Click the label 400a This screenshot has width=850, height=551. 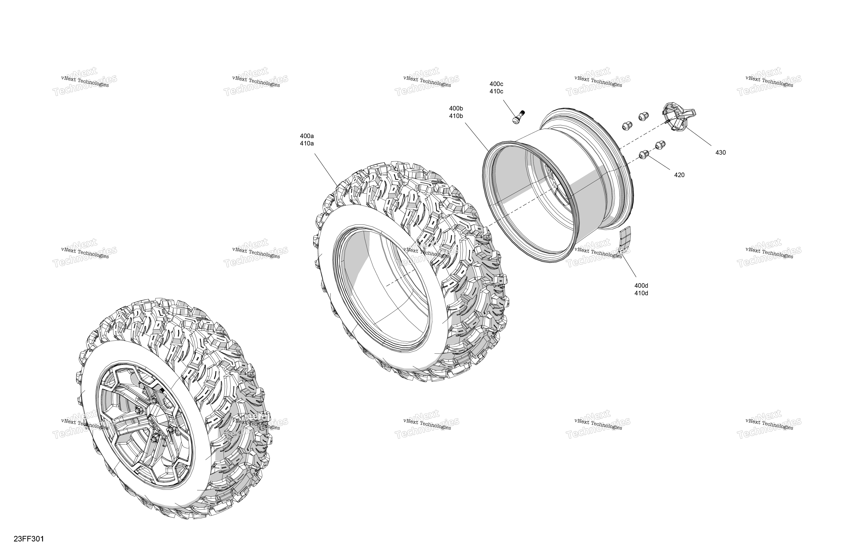coord(307,136)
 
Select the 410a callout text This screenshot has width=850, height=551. coord(307,144)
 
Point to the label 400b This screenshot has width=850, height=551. coord(456,108)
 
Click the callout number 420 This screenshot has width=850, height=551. coord(679,175)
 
